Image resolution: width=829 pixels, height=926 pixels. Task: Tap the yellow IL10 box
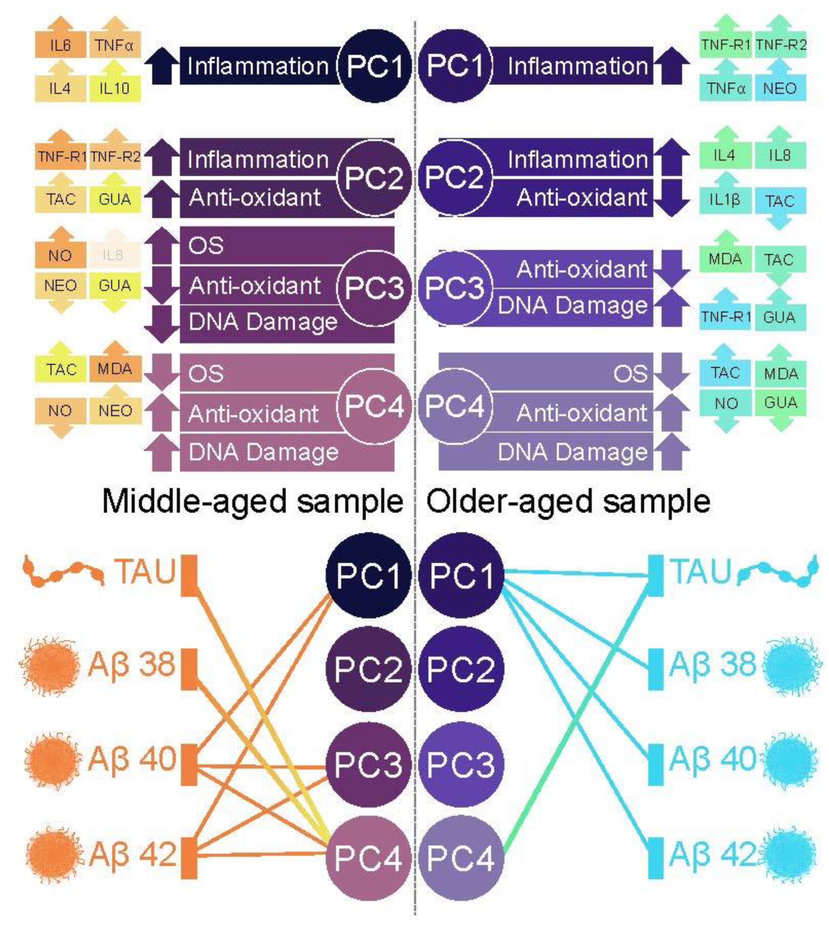coord(114,88)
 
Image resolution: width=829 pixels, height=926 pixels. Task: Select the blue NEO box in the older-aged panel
coord(780,88)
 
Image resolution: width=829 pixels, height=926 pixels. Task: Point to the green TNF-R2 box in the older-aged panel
coord(781,45)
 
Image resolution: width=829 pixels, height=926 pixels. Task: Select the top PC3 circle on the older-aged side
coord(455,288)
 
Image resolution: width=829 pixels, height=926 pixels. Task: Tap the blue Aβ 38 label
coord(713,665)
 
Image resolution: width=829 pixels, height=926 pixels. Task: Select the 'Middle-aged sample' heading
coord(252,502)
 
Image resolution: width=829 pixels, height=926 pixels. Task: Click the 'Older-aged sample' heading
coord(568,502)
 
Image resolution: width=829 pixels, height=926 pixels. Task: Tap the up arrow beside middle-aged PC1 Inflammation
coord(162,66)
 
